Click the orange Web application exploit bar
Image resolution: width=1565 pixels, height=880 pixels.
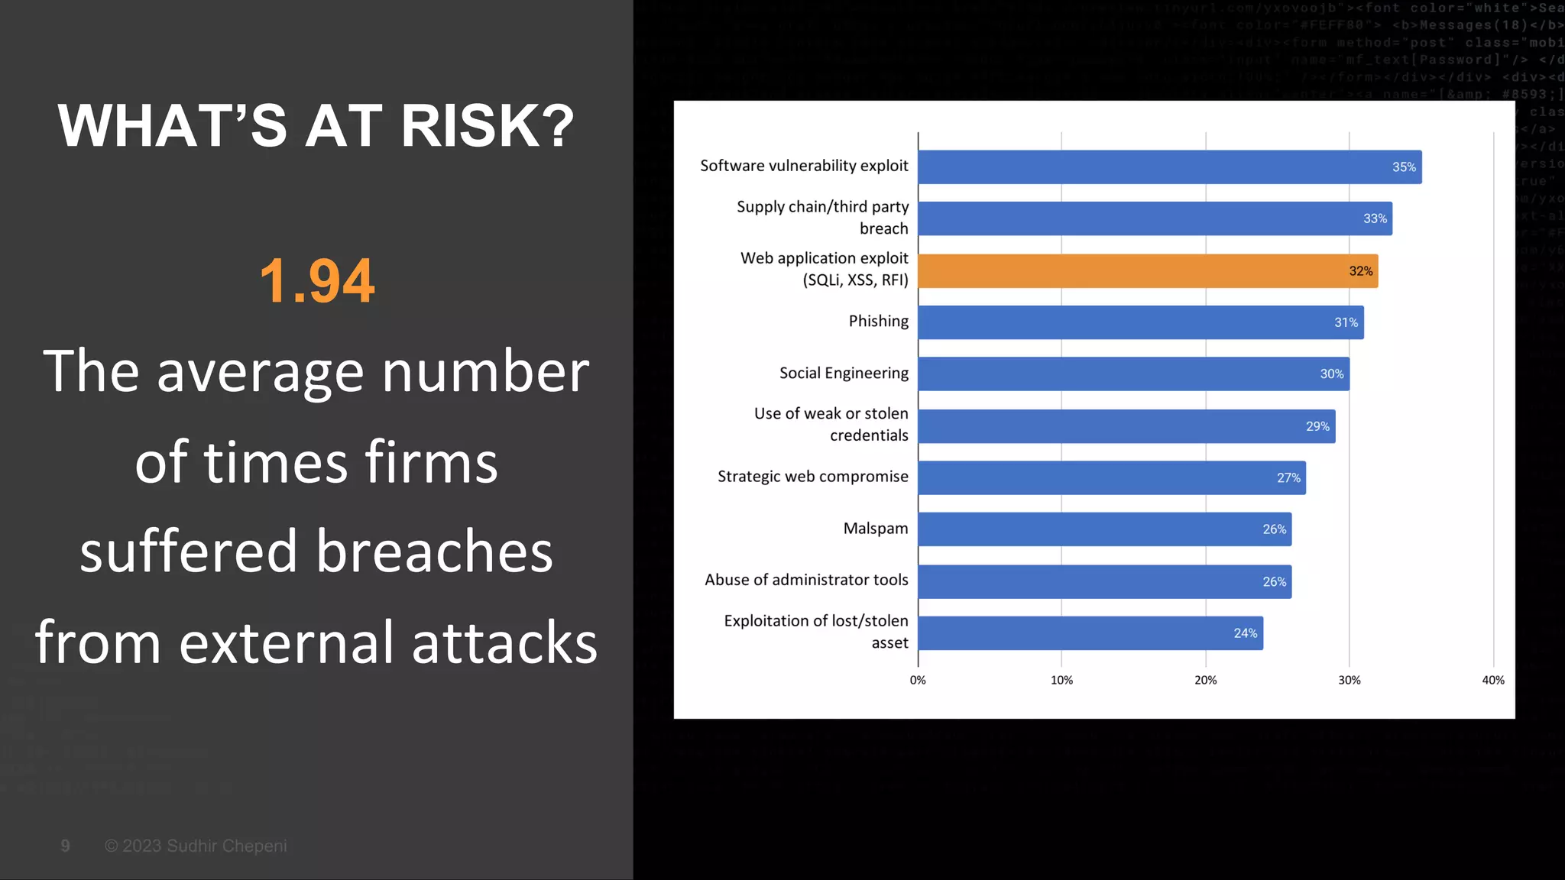click(x=1146, y=271)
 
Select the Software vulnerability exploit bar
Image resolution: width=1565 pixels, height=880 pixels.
click(x=1169, y=167)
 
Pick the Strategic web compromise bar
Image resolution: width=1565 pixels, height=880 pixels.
click(x=1111, y=477)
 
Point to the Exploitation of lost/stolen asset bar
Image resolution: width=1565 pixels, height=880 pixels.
click(x=1090, y=633)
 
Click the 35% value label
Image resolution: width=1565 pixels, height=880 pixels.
click(x=1404, y=167)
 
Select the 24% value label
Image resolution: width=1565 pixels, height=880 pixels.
click(x=1245, y=633)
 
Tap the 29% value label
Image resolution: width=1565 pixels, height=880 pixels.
click(x=1317, y=426)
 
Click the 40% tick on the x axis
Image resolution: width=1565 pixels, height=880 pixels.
click(x=1493, y=680)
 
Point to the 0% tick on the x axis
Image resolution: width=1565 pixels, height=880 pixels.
click(x=918, y=680)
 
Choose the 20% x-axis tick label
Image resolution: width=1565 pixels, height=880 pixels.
click(x=1206, y=680)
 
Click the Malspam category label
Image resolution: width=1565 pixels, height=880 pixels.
click(x=876, y=529)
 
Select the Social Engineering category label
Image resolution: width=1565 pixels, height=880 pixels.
click(x=844, y=373)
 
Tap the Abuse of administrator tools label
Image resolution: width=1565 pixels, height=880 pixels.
click(x=806, y=580)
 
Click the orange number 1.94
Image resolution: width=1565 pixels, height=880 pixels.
click(x=317, y=281)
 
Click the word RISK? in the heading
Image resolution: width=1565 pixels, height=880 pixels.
click(x=487, y=126)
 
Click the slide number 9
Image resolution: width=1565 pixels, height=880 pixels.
click(x=66, y=846)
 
